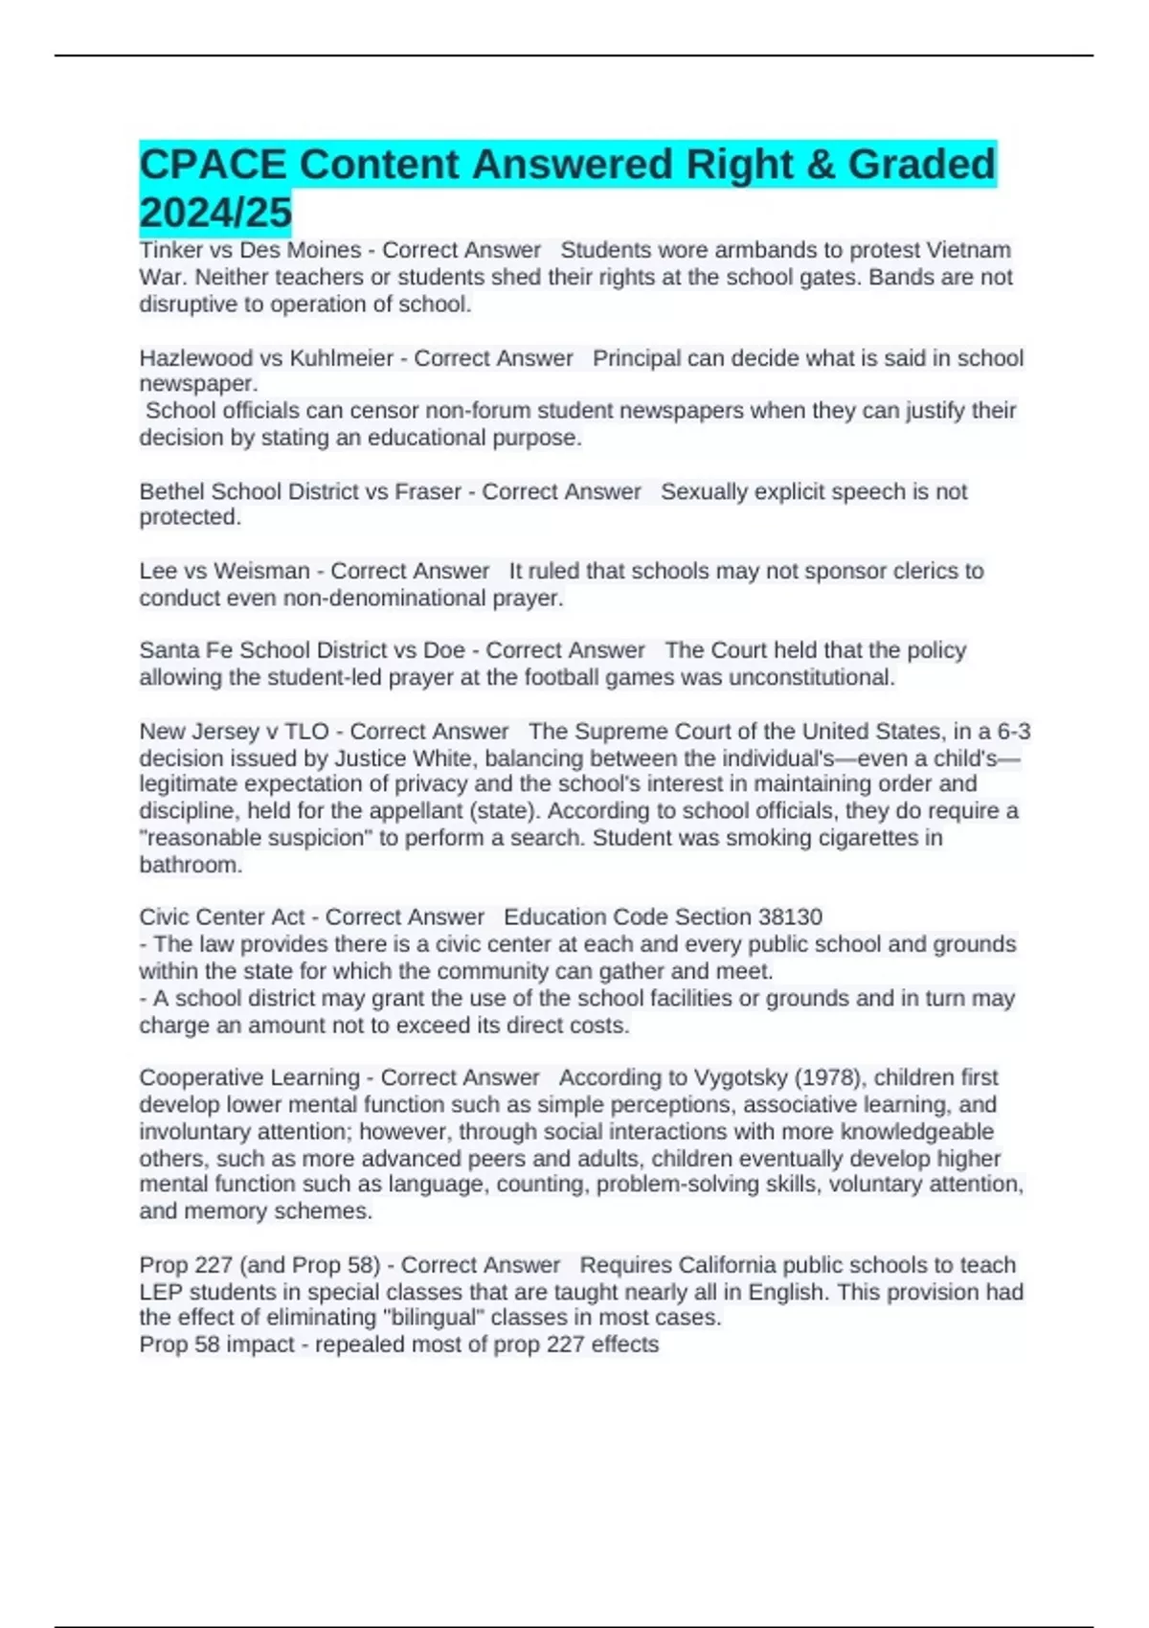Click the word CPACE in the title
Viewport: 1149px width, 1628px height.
pyautogui.click(x=213, y=165)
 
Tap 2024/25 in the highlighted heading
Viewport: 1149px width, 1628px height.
pyautogui.click(x=215, y=213)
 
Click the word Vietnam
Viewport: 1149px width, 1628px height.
pyautogui.click(x=970, y=250)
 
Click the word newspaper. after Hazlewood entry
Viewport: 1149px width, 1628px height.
pyautogui.click(x=198, y=384)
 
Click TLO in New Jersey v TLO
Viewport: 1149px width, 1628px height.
pyautogui.click(x=306, y=732)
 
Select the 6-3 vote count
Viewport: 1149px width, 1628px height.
pyautogui.click(x=1013, y=732)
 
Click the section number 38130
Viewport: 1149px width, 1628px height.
pyautogui.click(x=790, y=916)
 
